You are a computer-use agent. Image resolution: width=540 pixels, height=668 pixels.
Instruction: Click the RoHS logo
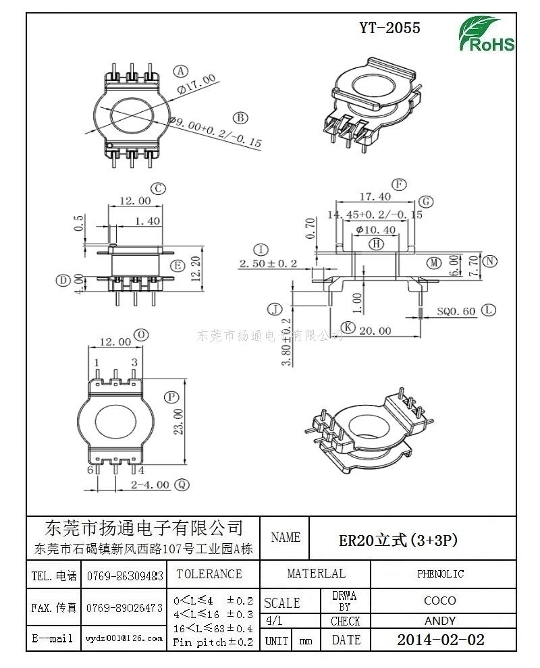point(487,34)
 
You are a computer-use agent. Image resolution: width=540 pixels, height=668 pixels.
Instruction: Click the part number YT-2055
point(389,28)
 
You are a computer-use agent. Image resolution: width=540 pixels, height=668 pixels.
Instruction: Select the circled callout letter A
point(180,71)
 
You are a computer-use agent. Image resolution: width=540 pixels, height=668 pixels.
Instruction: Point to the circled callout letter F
point(400,184)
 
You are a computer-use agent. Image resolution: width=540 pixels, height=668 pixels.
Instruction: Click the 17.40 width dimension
point(375,197)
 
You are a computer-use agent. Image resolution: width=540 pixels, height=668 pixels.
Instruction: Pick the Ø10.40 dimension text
point(375,229)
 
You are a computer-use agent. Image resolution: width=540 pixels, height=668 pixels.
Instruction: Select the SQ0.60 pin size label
point(456,311)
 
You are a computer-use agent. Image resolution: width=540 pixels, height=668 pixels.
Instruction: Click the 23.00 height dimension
point(178,422)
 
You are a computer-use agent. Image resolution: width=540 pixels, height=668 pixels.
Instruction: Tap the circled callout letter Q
point(182,484)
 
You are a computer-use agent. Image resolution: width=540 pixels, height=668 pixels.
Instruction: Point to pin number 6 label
point(90,470)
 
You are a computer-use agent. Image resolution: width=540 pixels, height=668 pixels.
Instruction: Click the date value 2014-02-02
point(440,640)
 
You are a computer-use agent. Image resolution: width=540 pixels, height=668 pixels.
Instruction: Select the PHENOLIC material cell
point(440,574)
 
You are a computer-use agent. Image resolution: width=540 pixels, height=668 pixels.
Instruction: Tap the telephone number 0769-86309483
point(125,576)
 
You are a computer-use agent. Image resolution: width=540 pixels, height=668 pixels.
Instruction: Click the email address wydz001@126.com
point(124,638)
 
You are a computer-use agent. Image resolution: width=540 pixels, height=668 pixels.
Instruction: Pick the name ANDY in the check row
point(440,621)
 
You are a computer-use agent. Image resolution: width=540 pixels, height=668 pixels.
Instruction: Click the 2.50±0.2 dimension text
point(268,263)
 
